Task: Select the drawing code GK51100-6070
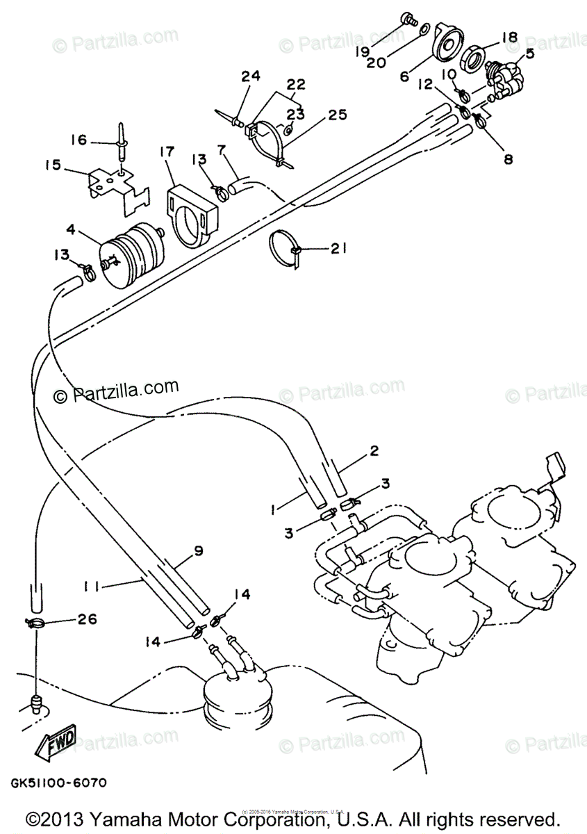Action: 58,783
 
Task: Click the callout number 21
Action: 338,248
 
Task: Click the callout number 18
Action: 509,37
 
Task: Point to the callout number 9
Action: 198,550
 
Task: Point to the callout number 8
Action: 508,159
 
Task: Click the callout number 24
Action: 251,75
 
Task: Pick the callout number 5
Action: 530,54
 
